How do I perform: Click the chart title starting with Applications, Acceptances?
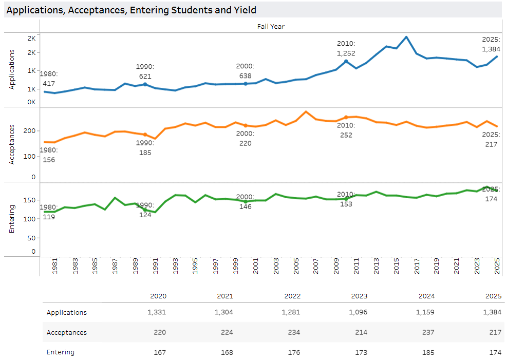click(131, 10)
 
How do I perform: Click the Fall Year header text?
click(271, 26)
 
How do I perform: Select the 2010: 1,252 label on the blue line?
click(346, 49)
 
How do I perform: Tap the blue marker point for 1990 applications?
click(145, 84)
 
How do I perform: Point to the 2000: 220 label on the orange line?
click(245, 138)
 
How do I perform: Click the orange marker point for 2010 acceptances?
click(346, 118)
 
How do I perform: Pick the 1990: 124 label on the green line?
click(145, 210)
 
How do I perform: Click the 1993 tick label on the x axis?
click(175, 268)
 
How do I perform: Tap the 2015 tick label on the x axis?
click(396, 268)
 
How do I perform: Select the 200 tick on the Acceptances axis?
click(30, 131)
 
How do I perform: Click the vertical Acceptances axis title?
click(12, 145)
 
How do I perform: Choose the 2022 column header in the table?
click(292, 296)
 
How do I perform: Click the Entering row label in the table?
click(61, 352)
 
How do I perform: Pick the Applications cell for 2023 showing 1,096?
click(358, 312)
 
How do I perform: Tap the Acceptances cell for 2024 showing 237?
click(428, 332)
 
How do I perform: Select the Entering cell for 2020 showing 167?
click(160, 352)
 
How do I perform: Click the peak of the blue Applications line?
click(406, 37)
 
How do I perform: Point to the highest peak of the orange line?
click(306, 111)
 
